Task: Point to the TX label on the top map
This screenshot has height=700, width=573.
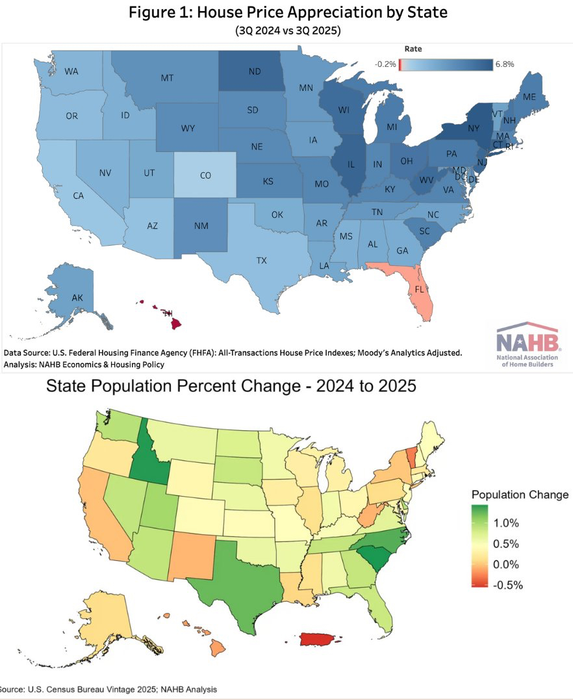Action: pos(261,260)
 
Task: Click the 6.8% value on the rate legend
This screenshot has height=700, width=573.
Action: pos(504,64)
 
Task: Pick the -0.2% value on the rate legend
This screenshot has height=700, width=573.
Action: pos(385,64)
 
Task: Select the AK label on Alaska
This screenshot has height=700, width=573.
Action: pos(77,298)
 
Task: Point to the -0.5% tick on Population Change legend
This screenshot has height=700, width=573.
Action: pos(509,584)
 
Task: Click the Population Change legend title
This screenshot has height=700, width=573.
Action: pos(520,495)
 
